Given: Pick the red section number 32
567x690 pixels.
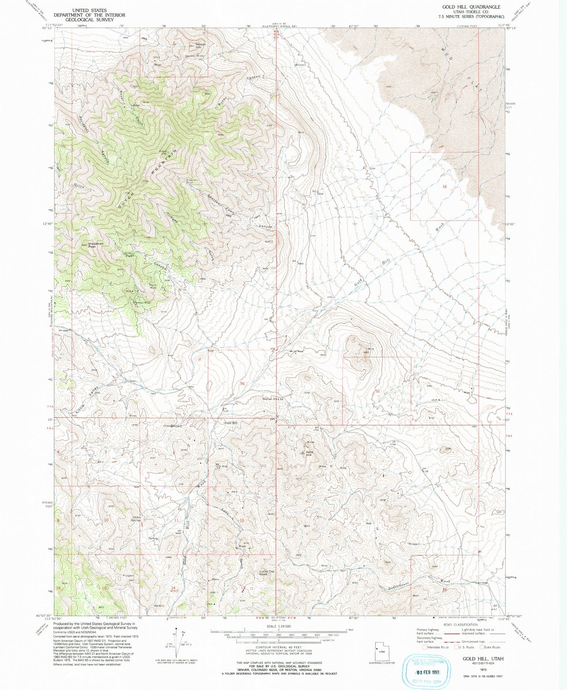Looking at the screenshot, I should pyautogui.click(x=377, y=391).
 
